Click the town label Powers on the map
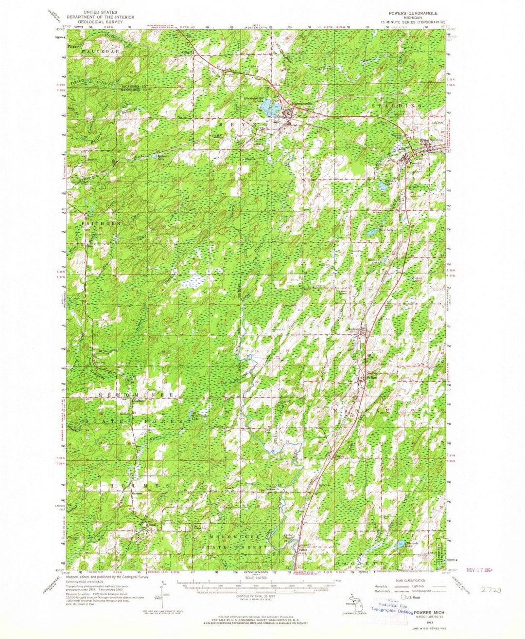tap(415, 163)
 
